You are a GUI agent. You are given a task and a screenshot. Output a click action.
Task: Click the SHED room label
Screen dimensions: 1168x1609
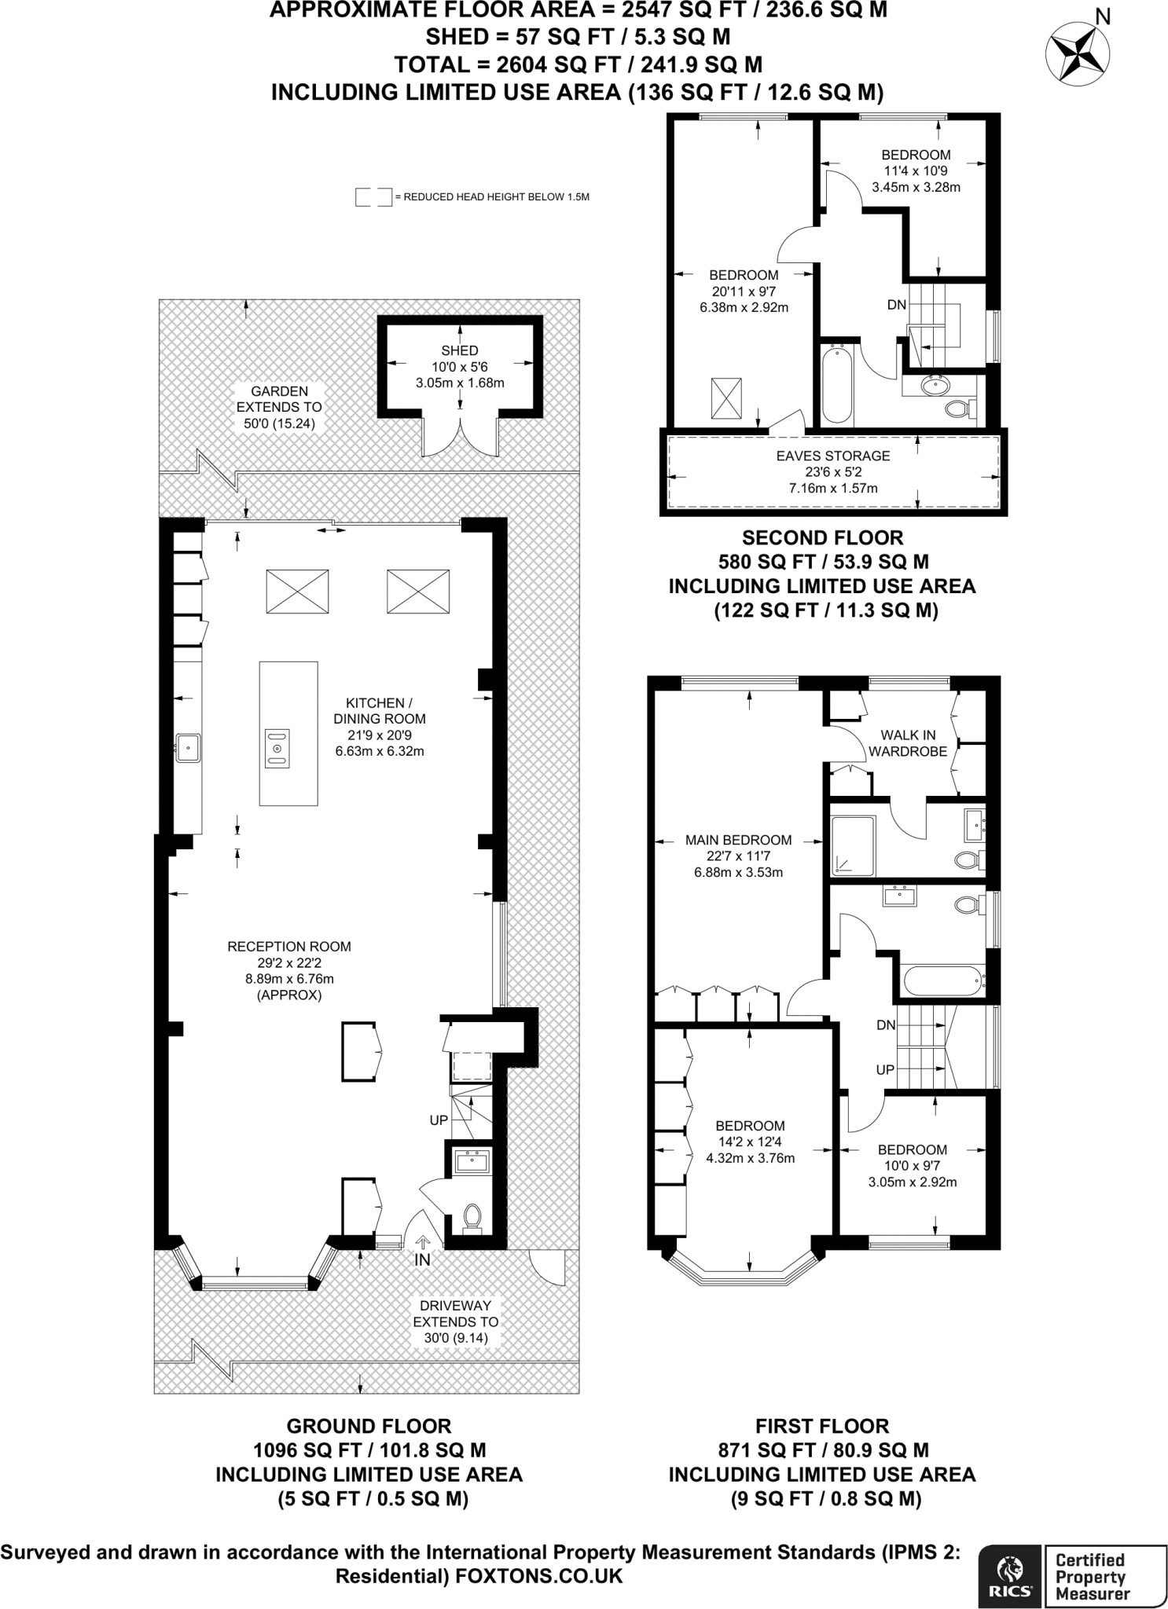(460, 350)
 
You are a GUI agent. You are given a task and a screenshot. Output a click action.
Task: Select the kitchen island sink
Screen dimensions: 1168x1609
(277, 748)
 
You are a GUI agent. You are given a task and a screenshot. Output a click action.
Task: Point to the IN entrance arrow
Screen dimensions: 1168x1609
(423, 1242)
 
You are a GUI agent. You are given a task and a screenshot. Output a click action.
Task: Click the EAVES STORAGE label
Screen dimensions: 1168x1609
(833, 456)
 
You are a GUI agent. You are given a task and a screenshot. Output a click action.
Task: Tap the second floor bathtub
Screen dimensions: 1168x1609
(836, 385)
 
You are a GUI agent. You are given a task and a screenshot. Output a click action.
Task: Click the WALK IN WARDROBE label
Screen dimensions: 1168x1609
(908, 743)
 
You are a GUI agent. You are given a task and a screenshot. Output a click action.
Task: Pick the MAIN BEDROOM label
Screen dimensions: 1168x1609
(739, 840)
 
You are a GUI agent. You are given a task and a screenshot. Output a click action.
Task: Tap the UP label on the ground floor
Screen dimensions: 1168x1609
(438, 1120)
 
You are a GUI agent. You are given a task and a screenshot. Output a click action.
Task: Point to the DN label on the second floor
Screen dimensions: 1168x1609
(897, 305)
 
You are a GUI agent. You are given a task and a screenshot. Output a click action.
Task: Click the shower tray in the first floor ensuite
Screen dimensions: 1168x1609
(852, 845)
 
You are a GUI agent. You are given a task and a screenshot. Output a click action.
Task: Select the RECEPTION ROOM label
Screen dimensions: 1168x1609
(289, 947)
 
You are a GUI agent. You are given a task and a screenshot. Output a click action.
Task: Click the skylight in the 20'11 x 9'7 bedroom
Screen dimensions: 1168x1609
(726, 398)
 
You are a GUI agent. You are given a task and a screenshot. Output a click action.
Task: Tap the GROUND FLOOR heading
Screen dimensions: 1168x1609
(369, 1426)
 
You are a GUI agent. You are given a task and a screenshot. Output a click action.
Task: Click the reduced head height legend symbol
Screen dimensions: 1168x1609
(373, 196)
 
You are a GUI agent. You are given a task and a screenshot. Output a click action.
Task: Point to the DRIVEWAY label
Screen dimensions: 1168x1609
(456, 1305)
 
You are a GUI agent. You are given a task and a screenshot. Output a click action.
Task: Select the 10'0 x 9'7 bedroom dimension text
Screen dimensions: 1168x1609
(912, 1166)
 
